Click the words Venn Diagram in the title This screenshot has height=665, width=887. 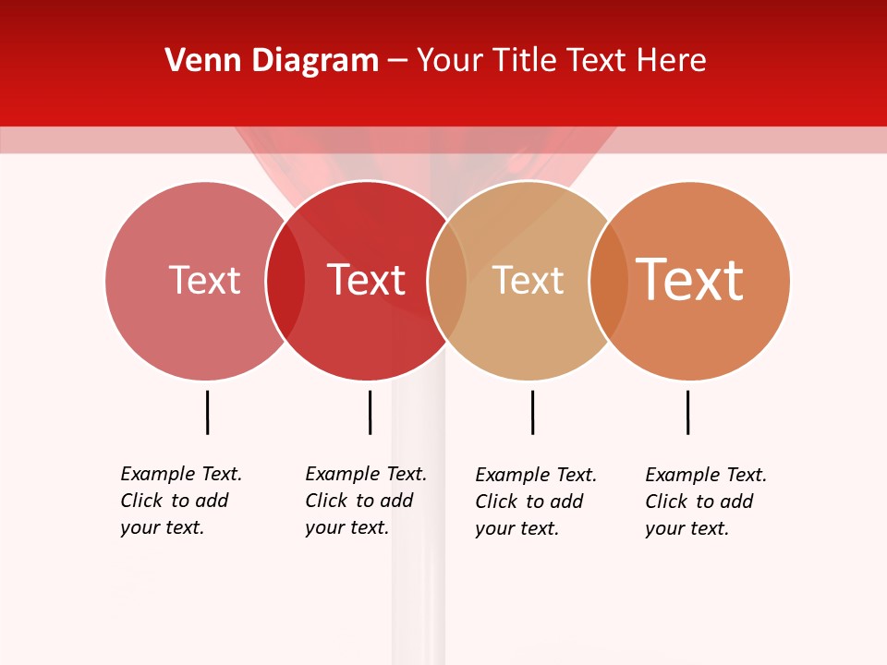272,61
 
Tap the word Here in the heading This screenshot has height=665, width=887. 671,61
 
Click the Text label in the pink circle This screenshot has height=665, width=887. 204,280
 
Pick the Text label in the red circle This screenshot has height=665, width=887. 367,280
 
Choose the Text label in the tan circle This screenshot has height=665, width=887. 528,280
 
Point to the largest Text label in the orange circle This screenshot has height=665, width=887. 689,279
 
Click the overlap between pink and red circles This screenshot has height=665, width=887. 286,281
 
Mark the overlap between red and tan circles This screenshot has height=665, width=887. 447,281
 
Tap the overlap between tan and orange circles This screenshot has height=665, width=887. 608,281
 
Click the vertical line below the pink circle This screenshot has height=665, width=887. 207,412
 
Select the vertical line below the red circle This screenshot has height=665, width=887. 370,412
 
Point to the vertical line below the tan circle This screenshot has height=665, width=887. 532,412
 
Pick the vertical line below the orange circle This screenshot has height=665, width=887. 687,412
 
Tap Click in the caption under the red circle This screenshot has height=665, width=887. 326,501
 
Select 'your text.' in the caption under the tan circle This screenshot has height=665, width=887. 516,528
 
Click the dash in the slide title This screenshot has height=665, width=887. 397,62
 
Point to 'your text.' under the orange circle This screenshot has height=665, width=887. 687,528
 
